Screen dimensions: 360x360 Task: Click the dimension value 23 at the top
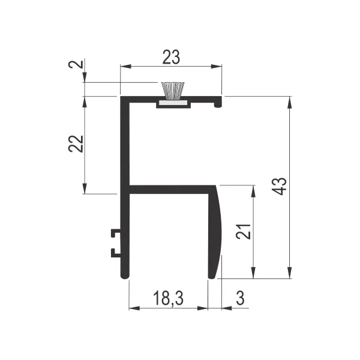pos(171,57)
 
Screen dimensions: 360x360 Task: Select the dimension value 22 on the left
pos(76,144)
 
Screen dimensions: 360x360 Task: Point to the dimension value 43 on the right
pos(279,187)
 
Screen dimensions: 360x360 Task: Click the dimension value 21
pos(244,231)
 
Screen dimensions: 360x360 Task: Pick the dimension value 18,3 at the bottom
pos(168,298)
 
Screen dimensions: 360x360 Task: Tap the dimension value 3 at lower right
pos(240,298)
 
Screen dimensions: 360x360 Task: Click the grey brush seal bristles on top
pos(173,91)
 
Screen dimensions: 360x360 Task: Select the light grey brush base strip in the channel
pos(173,104)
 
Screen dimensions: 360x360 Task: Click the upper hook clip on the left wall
pos(116,233)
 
